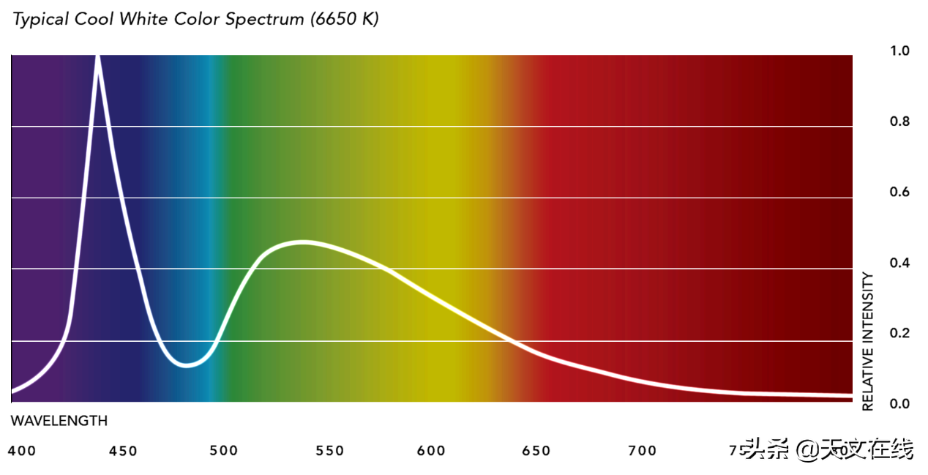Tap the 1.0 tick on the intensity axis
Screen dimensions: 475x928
899,51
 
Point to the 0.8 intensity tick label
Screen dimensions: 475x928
899,121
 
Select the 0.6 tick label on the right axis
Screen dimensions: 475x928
899,192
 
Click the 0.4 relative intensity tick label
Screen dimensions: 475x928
899,263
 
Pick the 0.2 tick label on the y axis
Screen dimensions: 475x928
899,334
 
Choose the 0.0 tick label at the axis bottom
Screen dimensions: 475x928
899,404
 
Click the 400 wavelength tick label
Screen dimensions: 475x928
22,451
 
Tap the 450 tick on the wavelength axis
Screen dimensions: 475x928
123,451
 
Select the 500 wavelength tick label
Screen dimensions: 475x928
224,451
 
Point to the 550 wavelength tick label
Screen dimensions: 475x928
329,451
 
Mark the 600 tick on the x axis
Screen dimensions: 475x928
431,451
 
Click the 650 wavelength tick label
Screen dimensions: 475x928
536,451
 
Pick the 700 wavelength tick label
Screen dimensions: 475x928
642,451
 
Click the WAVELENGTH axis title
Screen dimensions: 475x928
59,422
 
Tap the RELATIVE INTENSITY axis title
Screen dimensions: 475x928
868,341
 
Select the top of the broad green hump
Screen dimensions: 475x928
302,242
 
